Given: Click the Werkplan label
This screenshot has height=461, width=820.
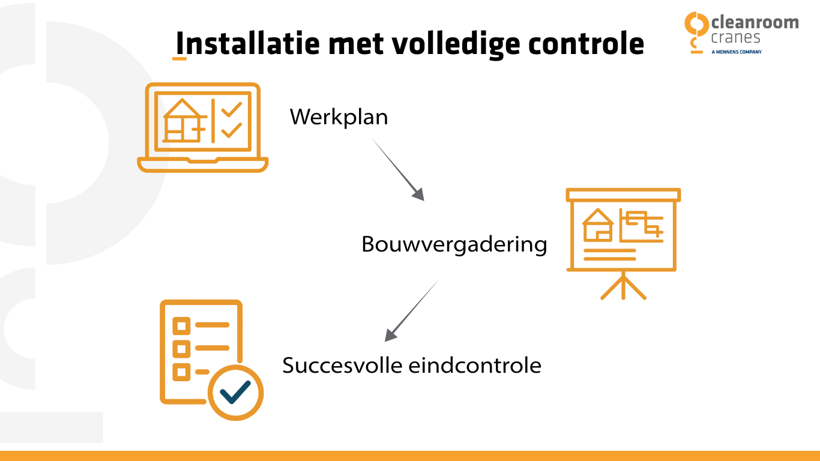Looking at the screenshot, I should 339,116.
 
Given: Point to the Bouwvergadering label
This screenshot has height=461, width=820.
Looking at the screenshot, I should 454,244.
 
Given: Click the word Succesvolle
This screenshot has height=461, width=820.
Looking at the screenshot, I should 343,365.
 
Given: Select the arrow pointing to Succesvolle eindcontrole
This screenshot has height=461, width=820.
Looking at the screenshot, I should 412,310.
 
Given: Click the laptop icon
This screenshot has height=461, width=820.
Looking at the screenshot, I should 203,128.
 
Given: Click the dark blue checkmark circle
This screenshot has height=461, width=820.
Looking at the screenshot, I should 235,393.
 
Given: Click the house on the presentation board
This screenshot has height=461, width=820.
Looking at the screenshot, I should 598,225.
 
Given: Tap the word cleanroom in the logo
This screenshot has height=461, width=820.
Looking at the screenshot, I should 755,23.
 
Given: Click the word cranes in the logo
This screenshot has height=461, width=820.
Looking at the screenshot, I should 735,38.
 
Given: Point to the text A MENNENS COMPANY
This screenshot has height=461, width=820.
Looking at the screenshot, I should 736,52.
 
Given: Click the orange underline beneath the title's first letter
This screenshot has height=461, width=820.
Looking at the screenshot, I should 179,59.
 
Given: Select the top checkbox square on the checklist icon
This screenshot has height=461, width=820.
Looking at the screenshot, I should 181,326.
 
